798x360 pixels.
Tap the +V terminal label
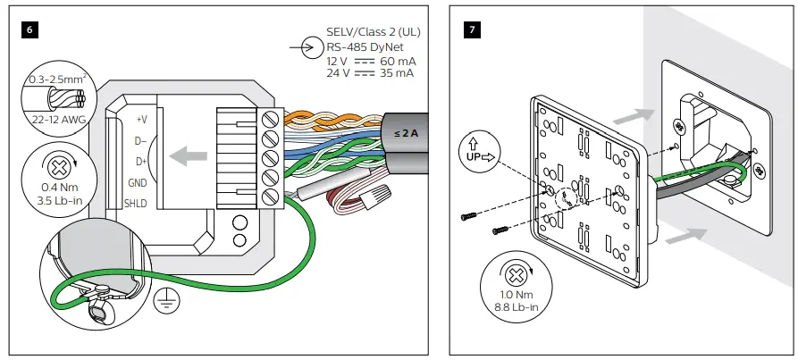point(140,119)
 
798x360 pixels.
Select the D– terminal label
point(140,140)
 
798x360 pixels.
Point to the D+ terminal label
point(140,162)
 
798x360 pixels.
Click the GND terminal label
point(137,182)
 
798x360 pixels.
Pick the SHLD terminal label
point(136,203)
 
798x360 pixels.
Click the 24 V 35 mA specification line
point(370,73)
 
